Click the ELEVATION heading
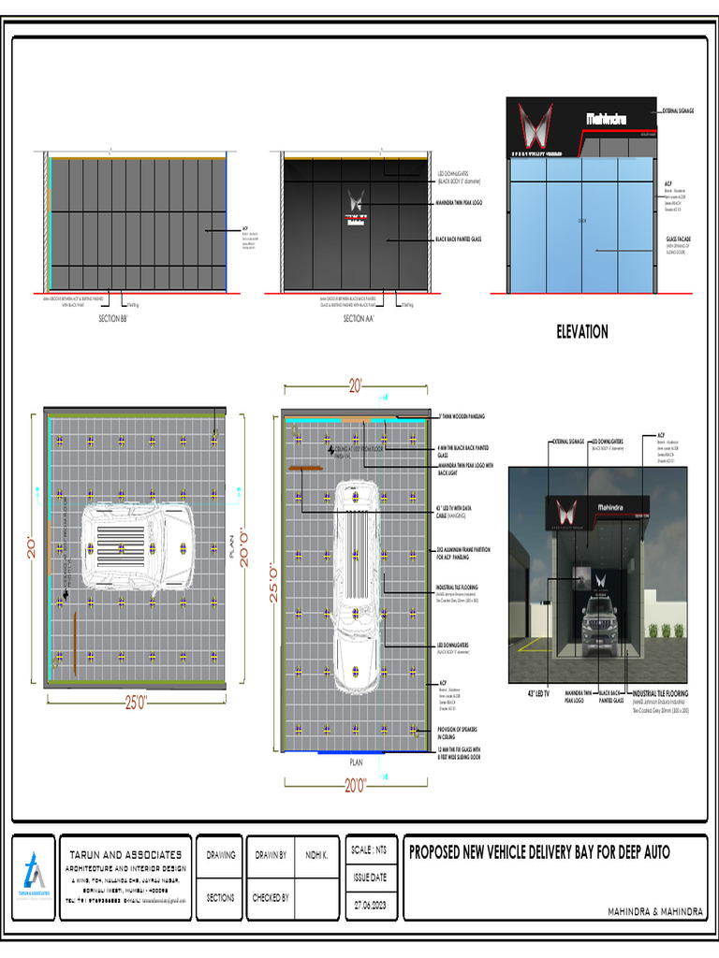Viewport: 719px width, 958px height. click(x=581, y=331)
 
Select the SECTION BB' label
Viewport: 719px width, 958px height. click(x=118, y=319)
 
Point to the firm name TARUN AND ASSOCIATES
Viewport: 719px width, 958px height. click(x=126, y=855)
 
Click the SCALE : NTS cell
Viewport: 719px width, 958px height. click(x=368, y=849)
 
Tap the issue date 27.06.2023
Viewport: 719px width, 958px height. click(x=368, y=906)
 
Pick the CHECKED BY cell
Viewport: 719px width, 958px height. click(x=271, y=898)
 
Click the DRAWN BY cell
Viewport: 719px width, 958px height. click(x=271, y=855)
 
